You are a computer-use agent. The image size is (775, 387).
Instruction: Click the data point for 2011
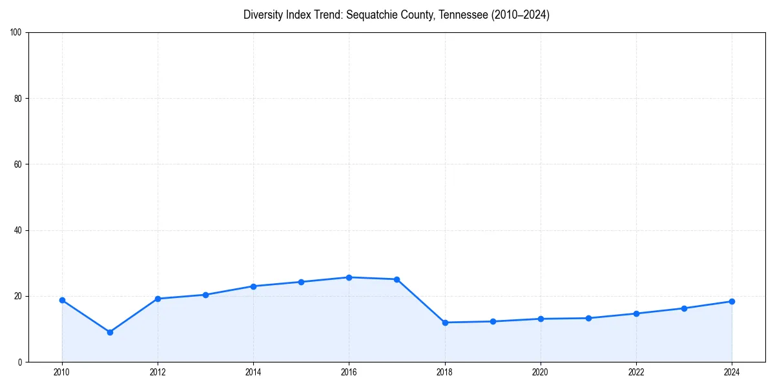click(x=110, y=332)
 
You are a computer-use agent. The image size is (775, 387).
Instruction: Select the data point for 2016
click(x=349, y=277)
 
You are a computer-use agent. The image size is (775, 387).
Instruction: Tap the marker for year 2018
click(x=445, y=322)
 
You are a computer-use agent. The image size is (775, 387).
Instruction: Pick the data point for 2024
click(x=732, y=301)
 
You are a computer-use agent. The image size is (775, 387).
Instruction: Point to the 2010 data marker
click(x=62, y=300)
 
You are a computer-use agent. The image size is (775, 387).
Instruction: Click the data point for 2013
click(x=205, y=295)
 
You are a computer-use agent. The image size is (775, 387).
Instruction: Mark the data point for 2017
click(x=397, y=279)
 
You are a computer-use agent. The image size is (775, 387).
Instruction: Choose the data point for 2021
click(x=588, y=318)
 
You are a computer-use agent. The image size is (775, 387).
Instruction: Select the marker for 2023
click(x=684, y=308)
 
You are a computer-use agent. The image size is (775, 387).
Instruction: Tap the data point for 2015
click(x=301, y=282)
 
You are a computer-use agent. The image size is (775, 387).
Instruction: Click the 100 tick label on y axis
click(x=16, y=32)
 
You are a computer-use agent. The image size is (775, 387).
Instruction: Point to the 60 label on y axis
click(x=18, y=164)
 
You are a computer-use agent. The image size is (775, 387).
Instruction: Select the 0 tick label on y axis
click(x=20, y=362)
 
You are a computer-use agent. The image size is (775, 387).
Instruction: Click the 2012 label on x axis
click(x=158, y=372)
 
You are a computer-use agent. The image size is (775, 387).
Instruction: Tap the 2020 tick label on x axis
click(x=541, y=372)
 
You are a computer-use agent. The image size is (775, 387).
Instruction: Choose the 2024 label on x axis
click(x=732, y=372)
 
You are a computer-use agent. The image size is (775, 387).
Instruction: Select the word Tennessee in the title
click(x=463, y=15)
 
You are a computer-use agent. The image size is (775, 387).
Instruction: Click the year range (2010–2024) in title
click(x=520, y=15)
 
